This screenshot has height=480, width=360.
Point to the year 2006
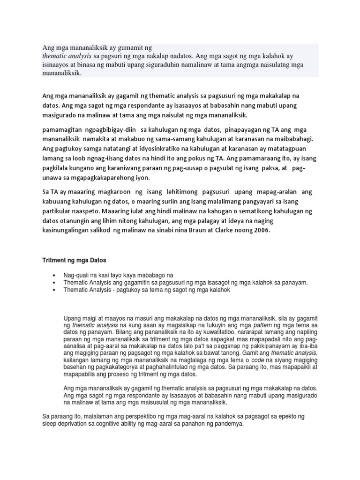point(261,230)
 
